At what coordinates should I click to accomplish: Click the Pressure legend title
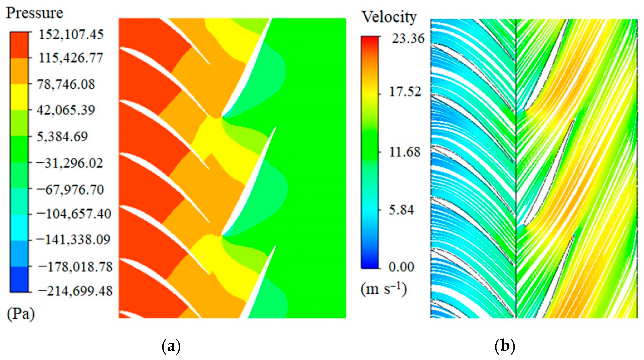(x=34, y=13)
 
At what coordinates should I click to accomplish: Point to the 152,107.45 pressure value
(x=71, y=35)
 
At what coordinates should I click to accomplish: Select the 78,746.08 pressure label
(x=66, y=84)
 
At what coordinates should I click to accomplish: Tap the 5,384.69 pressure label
(x=62, y=137)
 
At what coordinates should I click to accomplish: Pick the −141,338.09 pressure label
(x=73, y=239)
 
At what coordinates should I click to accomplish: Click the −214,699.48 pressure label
(x=75, y=291)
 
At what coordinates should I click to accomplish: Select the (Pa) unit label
(x=21, y=314)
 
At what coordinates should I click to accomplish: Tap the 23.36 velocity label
(x=408, y=39)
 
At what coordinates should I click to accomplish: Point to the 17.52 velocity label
(x=405, y=92)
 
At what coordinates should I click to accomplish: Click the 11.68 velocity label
(x=405, y=152)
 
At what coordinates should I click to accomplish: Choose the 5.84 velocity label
(x=401, y=210)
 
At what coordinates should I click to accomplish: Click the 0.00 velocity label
(x=401, y=267)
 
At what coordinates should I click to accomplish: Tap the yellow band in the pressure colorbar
(x=19, y=97)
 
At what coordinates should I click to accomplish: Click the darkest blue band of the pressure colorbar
(x=19, y=279)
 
